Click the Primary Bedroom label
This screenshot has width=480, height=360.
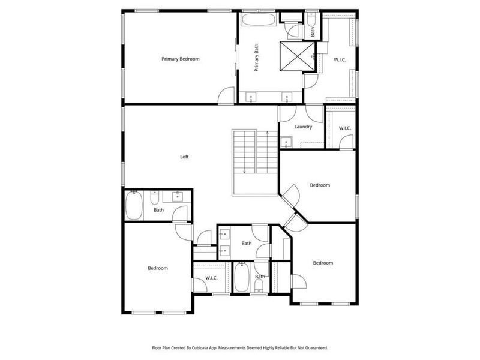[x=180, y=59]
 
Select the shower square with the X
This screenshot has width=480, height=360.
[x=296, y=56]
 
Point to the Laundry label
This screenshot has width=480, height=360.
[x=303, y=127]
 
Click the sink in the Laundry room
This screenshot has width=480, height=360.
[x=286, y=142]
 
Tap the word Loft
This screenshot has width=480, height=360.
[x=185, y=157]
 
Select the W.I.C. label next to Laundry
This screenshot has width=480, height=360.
[x=344, y=128]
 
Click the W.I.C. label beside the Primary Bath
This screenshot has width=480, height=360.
[x=340, y=59]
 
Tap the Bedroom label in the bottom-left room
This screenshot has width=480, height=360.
[x=158, y=268]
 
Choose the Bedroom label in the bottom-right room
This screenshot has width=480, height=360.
[x=322, y=263]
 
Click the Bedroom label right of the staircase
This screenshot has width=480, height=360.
[x=319, y=185]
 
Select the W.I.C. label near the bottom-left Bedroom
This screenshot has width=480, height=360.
[x=211, y=278]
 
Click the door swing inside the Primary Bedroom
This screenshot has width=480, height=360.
[x=226, y=95]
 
